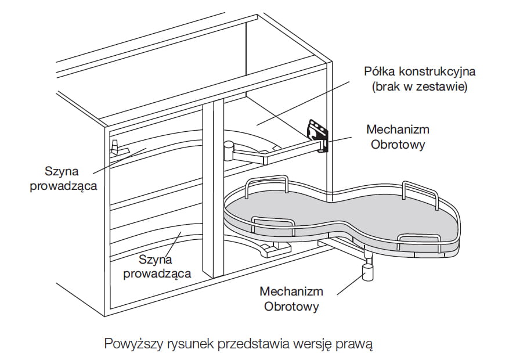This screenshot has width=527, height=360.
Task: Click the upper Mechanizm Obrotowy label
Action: [x=398, y=136]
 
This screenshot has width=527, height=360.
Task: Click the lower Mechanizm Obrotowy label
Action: [x=291, y=298]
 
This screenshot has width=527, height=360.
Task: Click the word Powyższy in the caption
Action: [x=132, y=343]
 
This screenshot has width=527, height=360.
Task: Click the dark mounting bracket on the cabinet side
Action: [x=318, y=134]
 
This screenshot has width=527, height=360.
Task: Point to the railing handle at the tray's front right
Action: [x=413, y=239]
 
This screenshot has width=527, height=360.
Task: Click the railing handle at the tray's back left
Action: [x=266, y=183]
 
